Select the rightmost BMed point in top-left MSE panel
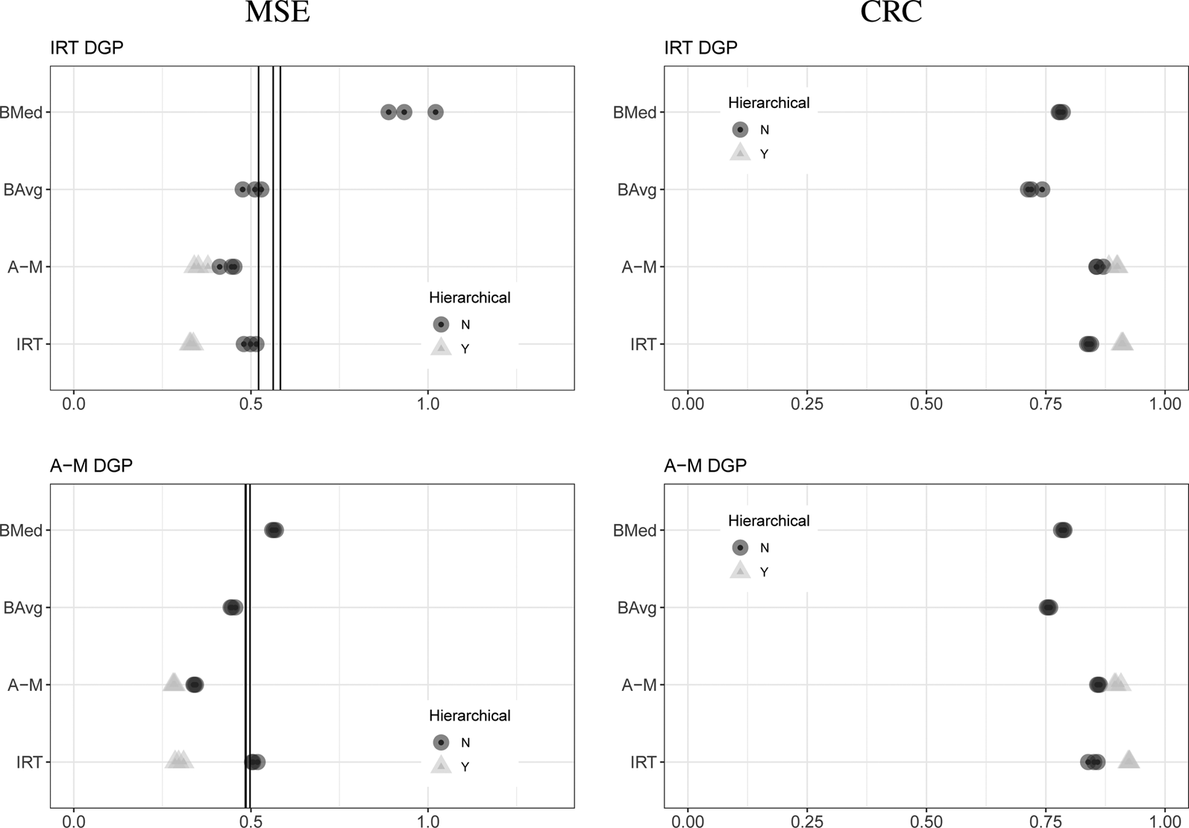436,113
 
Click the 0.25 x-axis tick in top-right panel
806,404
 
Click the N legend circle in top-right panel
740,130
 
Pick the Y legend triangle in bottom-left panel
442,766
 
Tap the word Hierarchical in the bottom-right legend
768,521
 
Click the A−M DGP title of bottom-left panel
91,466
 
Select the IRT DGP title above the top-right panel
700,48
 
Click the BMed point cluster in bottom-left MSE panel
274,531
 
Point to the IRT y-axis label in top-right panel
643,344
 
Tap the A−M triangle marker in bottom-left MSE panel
173,683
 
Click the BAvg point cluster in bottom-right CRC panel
1048,608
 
